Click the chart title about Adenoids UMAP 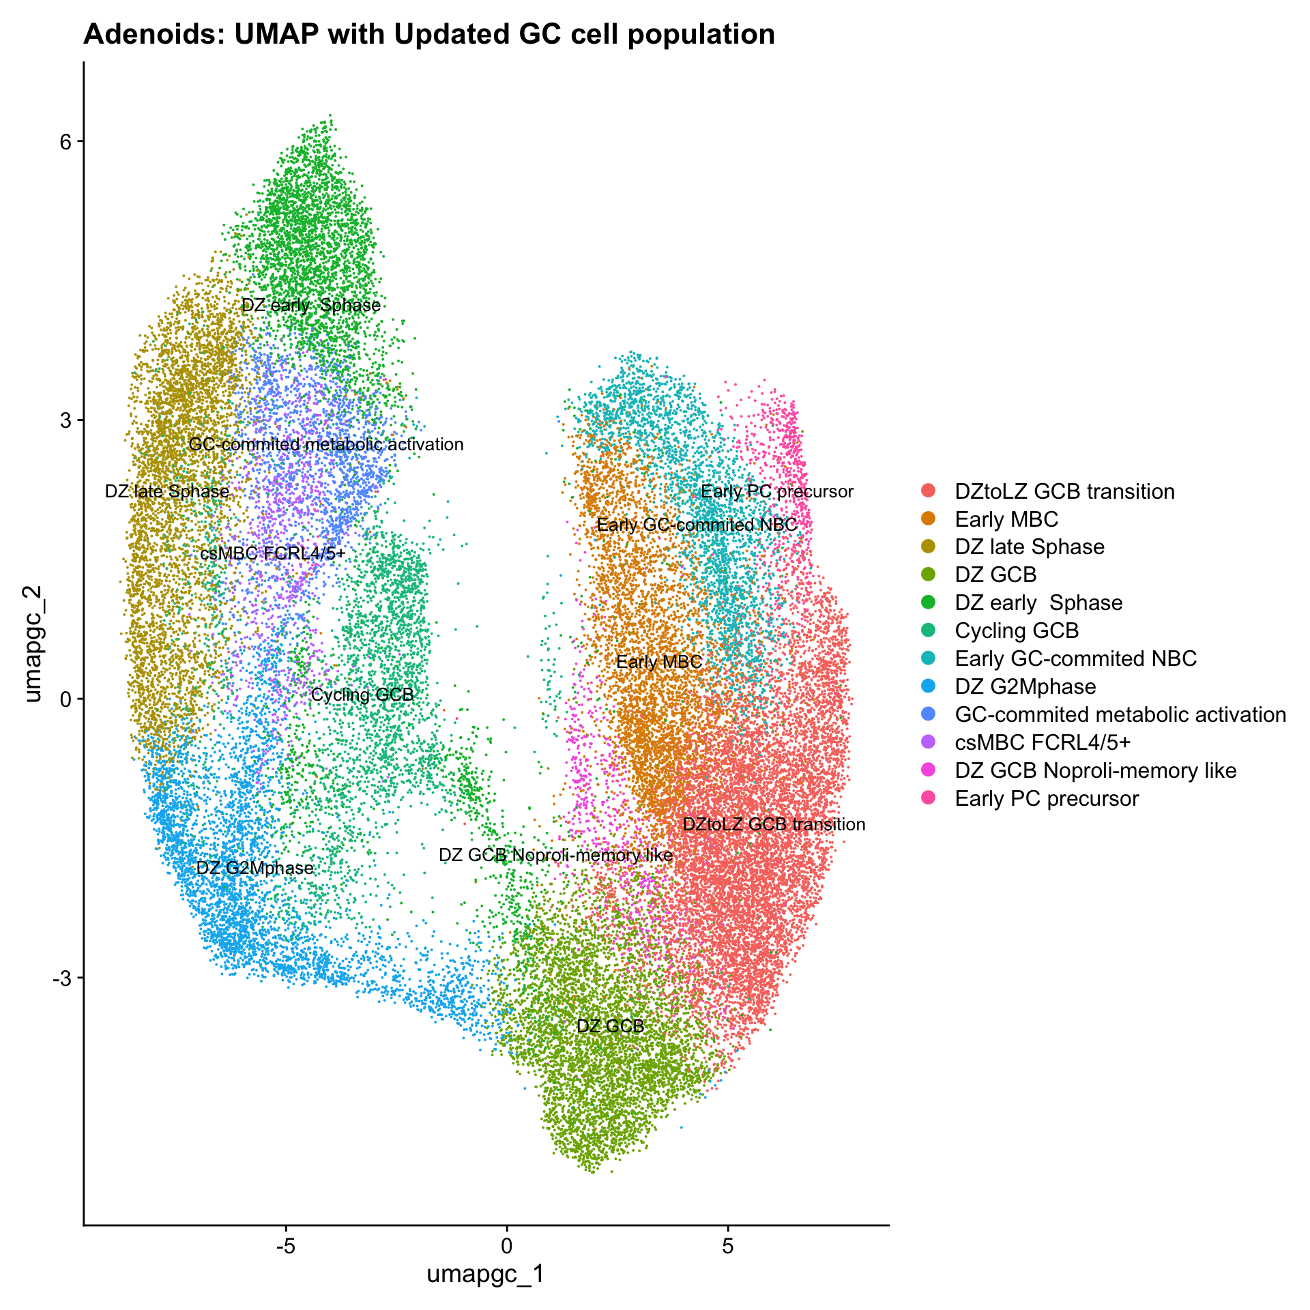(428, 34)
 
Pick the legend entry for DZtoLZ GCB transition (1064, 491)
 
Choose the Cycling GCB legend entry (1017, 630)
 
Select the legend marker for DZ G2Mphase (928, 686)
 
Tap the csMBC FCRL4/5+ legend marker (928, 742)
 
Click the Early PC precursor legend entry (1047, 798)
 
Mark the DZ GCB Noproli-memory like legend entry (1095, 770)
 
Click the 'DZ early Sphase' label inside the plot (311, 305)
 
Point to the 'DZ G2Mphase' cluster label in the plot (254, 868)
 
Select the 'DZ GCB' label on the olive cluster (610, 1026)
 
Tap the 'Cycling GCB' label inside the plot (362, 695)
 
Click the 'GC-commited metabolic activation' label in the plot (326, 445)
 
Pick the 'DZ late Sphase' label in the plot (167, 491)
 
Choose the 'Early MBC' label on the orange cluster (658, 662)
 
